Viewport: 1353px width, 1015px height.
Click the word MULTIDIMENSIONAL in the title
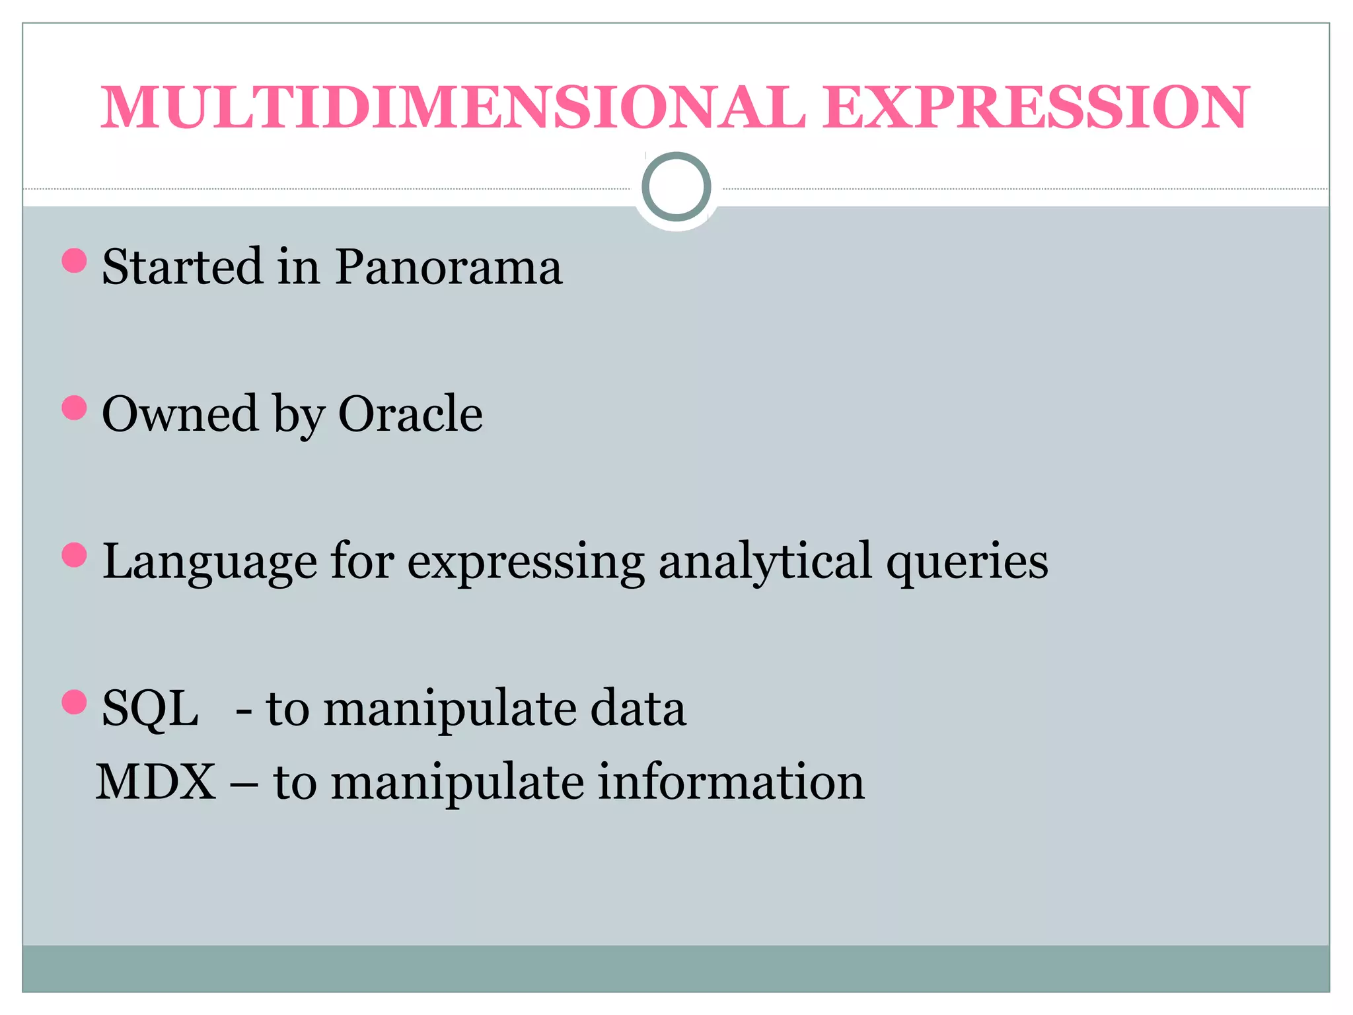[453, 107]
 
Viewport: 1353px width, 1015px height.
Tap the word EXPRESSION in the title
[1035, 107]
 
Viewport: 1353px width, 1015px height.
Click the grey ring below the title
[676, 187]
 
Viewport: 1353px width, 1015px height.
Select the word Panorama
[449, 267]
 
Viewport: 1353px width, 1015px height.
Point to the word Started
[182, 267]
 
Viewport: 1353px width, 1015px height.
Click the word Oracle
[410, 414]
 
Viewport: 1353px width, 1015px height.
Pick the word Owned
[180, 414]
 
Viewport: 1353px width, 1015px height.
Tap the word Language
[209, 562]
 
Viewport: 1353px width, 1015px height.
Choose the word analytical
[765, 562]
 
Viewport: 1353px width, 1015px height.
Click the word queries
[967, 562]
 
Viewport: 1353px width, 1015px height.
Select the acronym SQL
[150, 708]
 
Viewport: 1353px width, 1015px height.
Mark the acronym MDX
[156, 782]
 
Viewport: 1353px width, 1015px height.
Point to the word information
[731, 782]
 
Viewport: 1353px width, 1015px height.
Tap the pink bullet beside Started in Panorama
[74, 260]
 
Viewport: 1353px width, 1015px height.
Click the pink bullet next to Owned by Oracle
[74, 408]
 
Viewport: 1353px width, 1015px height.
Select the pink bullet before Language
[74, 555]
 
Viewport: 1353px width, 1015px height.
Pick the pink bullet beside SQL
[74, 702]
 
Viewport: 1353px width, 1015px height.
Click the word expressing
[525, 562]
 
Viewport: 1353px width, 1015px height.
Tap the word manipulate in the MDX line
[457, 782]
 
